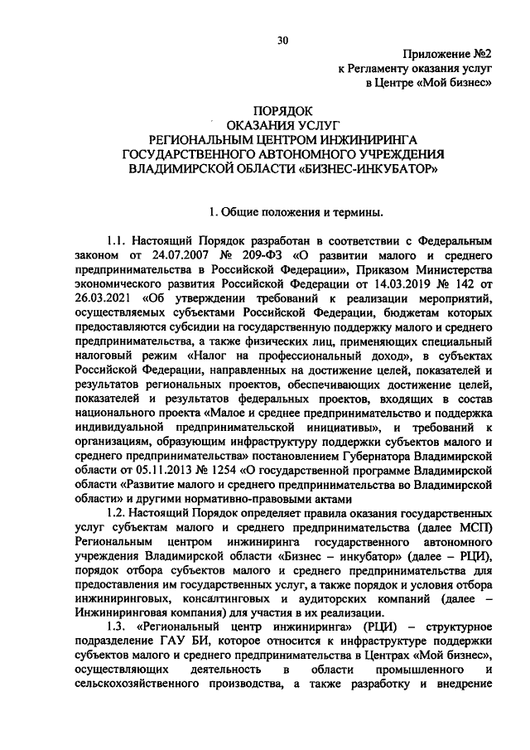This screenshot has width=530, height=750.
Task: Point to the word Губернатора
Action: [x=382, y=455]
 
